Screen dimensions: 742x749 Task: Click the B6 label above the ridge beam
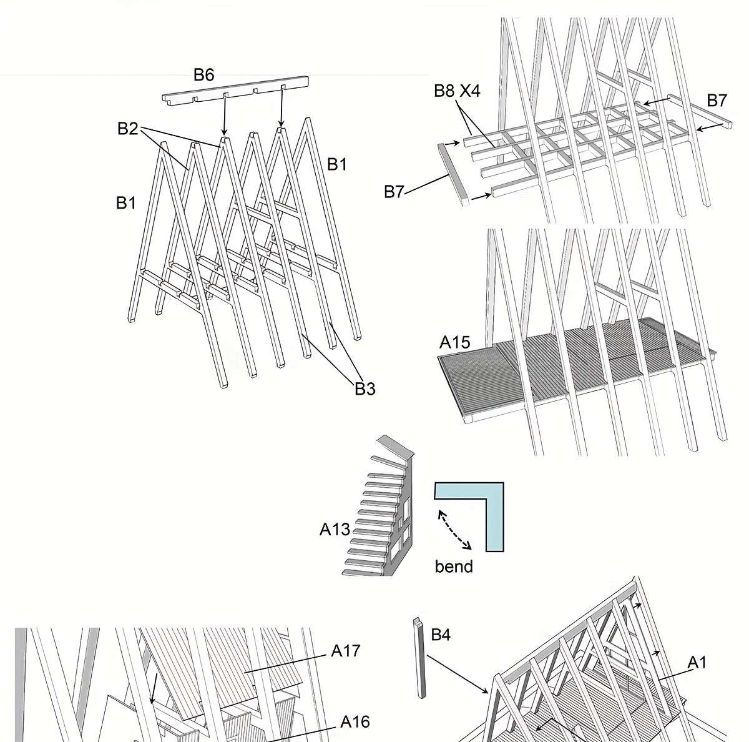[x=203, y=75]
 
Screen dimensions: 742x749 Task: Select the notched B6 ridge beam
[x=236, y=91]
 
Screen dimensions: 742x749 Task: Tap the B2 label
[x=127, y=129]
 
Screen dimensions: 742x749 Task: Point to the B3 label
[x=365, y=388]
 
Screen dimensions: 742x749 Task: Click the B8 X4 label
[x=457, y=91]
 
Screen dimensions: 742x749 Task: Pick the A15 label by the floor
[x=454, y=342]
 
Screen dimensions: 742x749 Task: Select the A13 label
[x=335, y=530]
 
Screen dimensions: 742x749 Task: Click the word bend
[x=454, y=566]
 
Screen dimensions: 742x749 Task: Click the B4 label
[x=441, y=635]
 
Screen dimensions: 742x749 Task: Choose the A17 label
[x=346, y=651]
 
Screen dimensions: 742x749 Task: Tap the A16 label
[x=355, y=722]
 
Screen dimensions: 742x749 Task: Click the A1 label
[x=697, y=662]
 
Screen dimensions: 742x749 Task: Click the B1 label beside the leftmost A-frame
[x=126, y=203]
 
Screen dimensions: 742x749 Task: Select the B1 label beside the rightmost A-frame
[x=337, y=164]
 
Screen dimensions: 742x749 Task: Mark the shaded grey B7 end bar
[x=454, y=174]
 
